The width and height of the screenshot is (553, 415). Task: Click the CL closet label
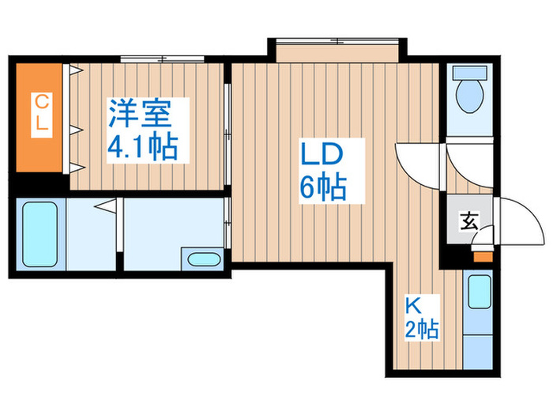click(42, 115)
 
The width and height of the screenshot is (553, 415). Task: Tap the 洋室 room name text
click(140, 113)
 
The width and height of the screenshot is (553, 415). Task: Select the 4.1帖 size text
click(142, 146)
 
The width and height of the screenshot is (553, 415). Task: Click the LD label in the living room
click(322, 154)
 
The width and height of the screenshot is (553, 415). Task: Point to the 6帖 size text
click(323, 187)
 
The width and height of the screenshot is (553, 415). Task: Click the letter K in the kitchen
click(413, 306)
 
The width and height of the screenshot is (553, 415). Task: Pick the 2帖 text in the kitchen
click(422, 330)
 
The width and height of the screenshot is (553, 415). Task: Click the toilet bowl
click(470, 96)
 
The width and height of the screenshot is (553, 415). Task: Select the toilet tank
click(470, 73)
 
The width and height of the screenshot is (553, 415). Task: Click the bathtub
click(39, 234)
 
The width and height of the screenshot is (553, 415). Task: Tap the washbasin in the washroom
click(204, 259)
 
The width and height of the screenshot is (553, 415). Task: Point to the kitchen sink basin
click(480, 292)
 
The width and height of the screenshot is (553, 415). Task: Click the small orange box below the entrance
click(483, 257)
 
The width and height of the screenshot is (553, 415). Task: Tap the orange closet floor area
click(39, 117)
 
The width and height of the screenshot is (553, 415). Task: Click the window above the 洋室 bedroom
click(163, 59)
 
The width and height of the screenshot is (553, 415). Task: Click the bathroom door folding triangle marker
click(106, 206)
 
